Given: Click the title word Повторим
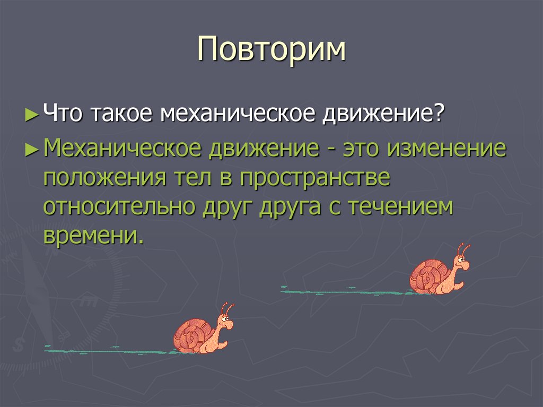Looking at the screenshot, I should coord(271,51).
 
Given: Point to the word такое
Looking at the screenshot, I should coord(126,115).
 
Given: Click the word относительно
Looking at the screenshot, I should coord(119,207).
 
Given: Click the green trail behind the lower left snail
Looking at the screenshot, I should coord(106,350).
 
